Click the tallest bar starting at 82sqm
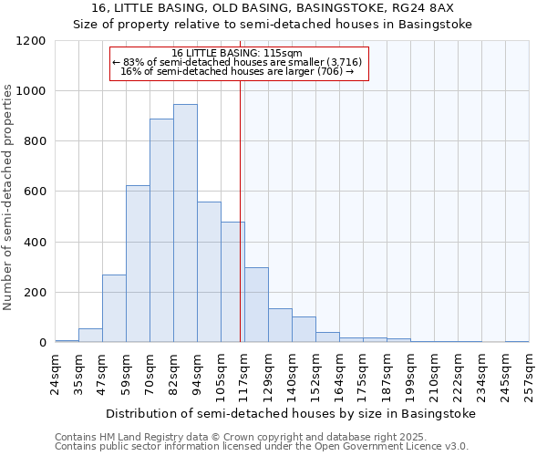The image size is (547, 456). (185, 223)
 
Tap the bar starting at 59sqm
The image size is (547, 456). (138, 264)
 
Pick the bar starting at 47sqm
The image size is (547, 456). (114, 308)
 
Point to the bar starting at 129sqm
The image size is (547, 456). (280, 326)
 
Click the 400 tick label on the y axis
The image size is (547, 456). (35, 243)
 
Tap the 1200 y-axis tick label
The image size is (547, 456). (31, 41)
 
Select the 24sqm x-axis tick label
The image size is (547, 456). (56, 375)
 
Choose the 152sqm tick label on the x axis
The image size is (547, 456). (316, 375)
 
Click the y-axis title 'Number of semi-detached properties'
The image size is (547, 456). (9, 192)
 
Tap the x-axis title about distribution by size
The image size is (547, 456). (291, 414)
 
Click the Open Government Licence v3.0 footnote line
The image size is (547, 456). (262, 447)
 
